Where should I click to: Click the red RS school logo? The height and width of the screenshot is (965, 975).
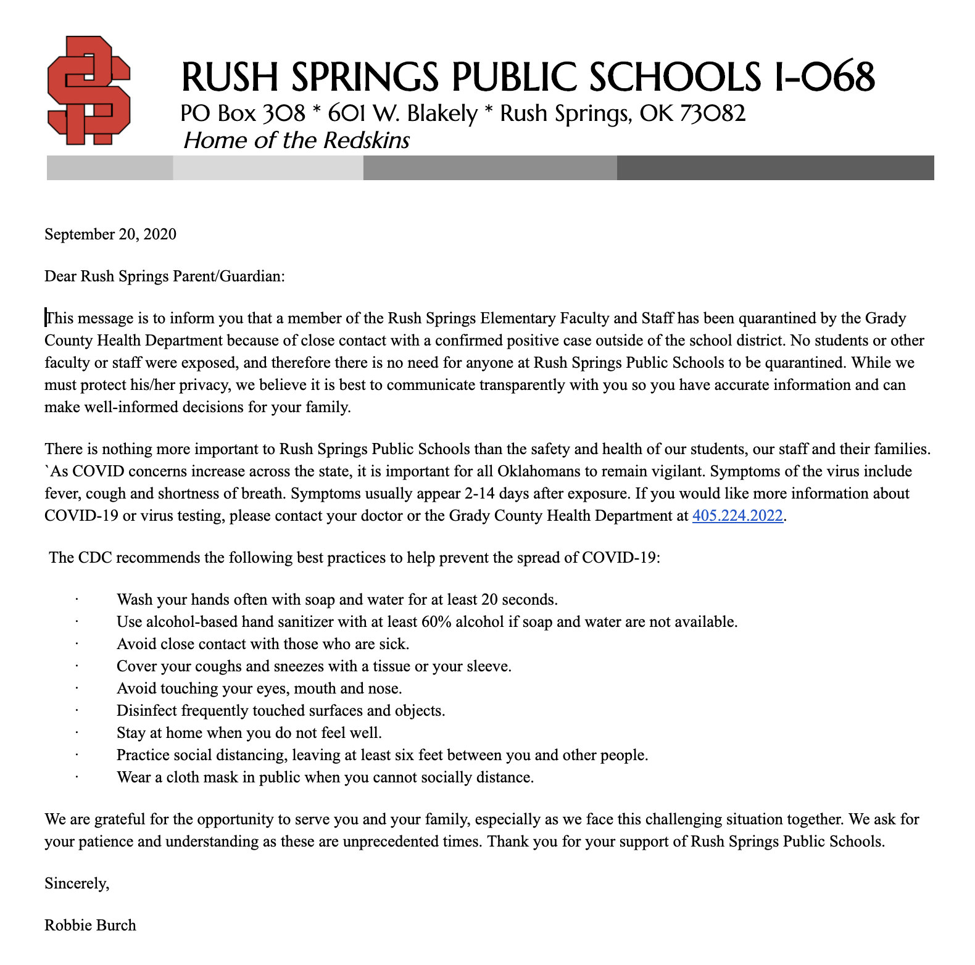click(89, 91)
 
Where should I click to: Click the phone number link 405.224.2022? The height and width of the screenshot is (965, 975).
click(737, 516)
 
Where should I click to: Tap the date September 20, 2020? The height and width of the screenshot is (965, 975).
click(110, 234)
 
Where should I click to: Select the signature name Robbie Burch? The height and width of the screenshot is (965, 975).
click(90, 926)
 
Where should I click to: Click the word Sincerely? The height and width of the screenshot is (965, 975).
click(76, 884)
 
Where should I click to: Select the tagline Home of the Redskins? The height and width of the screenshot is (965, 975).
click(296, 141)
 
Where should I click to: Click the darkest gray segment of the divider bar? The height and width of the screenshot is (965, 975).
click(774, 168)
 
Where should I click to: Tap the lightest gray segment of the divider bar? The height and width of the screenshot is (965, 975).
click(268, 168)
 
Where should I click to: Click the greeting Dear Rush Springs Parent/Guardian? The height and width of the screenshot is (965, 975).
click(164, 276)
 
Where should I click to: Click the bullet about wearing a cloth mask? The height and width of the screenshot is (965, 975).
click(325, 777)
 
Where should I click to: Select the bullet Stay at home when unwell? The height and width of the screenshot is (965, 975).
click(249, 733)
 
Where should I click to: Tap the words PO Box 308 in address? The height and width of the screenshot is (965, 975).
click(243, 114)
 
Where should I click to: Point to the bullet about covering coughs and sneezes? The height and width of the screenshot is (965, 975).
click(313, 666)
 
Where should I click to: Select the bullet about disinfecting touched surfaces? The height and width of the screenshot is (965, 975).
click(280, 711)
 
